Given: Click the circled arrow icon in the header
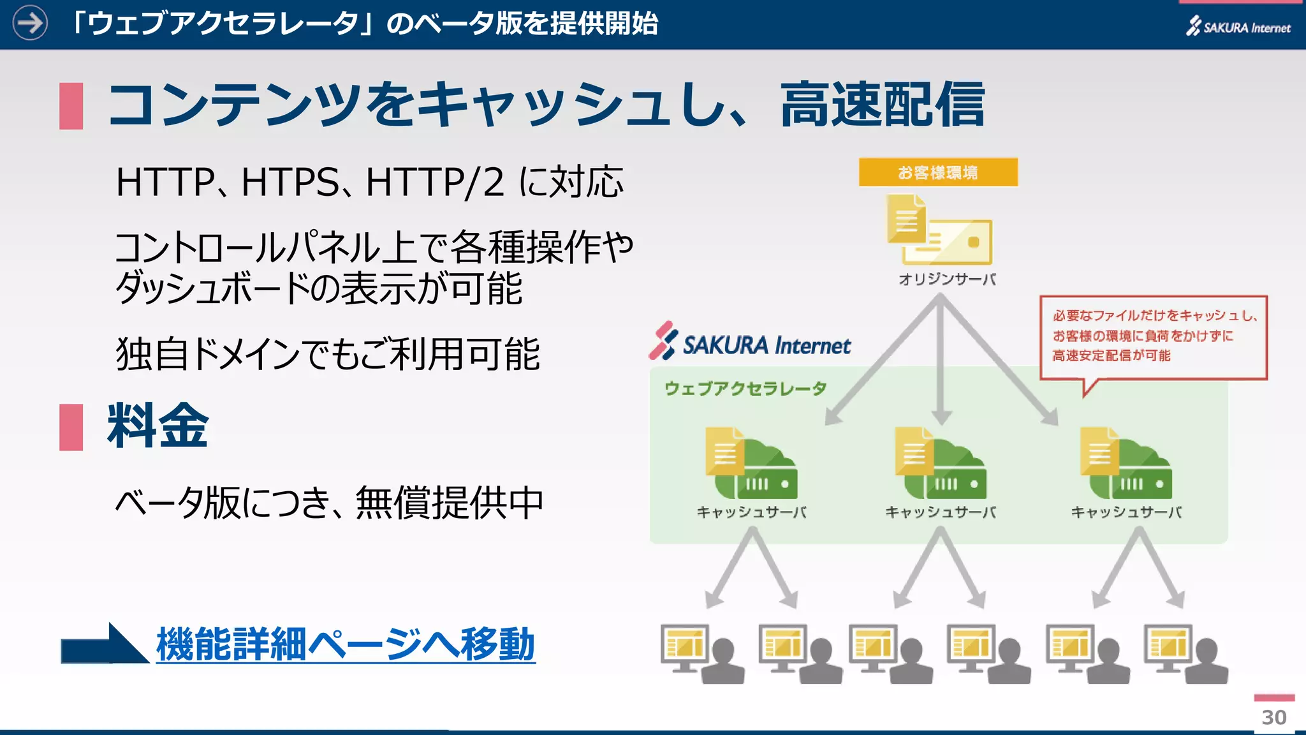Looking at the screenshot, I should pyautogui.click(x=30, y=24).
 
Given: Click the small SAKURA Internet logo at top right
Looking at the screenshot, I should pyautogui.click(x=1238, y=27).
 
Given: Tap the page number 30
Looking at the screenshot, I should pyautogui.click(x=1273, y=717).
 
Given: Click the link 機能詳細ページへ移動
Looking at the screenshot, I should pyautogui.click(x=345, y=644).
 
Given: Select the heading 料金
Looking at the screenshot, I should pyautogui.click(x=158, y=426).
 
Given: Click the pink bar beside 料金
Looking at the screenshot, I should pyautogui.click(x=71, y=427).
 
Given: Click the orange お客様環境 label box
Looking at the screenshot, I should pyautogui.click(x=937, y=172).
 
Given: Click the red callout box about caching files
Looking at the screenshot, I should pyautogui.click(x=1153, y=336).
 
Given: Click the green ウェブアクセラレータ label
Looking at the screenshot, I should pyautogui.click(x=745, y=389).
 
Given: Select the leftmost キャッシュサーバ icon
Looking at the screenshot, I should pyautogui.click(x=751, y=464).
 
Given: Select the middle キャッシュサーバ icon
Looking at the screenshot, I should pyautogui.click(x=940, y=464).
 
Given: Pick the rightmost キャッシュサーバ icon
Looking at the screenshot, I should pyautogui.click(x=1126, y=464).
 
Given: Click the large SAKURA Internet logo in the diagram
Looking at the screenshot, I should pyautogui.click(x=750, y=343).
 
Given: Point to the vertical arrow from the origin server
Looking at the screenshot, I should pyautogui.click(x=941, y=364).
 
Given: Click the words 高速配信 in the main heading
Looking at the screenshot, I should pyautogui.click(x=883, y=105).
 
